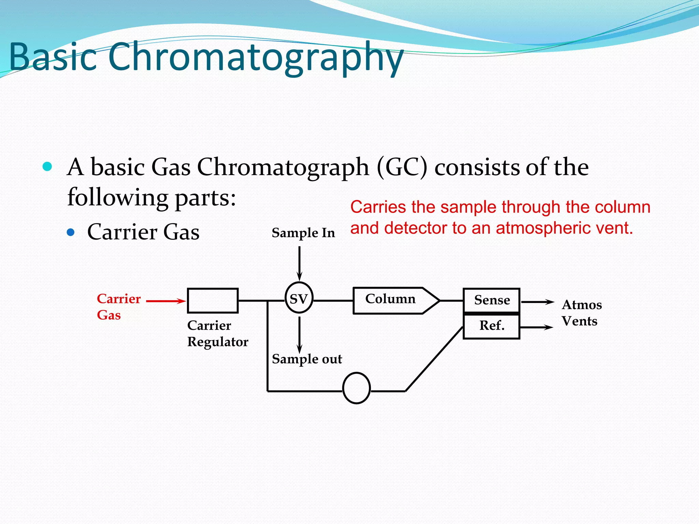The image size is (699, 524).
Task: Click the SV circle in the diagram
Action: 299,298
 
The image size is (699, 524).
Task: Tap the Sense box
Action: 491,300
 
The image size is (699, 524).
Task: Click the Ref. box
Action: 491,326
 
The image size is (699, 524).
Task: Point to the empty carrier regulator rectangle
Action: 213,301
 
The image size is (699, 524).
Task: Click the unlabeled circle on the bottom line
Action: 356,388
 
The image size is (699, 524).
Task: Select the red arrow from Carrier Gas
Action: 166,301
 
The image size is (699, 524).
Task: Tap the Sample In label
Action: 303,233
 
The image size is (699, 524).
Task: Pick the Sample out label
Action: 306,359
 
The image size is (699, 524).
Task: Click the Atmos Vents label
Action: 581,313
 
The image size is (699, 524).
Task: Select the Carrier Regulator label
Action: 217,334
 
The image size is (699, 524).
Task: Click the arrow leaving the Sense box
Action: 537,302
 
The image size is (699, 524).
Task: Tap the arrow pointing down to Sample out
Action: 299,334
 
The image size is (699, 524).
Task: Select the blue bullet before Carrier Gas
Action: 71,232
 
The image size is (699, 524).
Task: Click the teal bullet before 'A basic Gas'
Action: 47,166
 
